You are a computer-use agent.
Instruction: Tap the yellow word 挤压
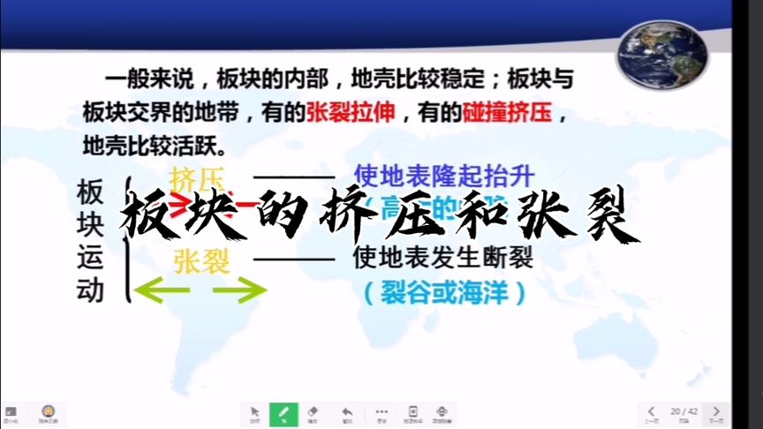(197, 177)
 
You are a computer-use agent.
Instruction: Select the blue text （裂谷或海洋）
(444, 292)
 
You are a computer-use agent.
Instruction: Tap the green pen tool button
(283, 412)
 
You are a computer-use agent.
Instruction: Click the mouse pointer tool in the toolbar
(254, 412)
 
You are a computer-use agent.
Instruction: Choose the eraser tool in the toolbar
(312, 412)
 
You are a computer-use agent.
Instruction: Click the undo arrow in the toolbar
(347, 412)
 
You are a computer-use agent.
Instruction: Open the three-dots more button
(381, 412)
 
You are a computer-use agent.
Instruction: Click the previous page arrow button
(652, 412)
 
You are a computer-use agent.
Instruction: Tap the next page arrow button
(716, 412)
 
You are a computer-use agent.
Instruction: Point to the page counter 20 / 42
(684, 411)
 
